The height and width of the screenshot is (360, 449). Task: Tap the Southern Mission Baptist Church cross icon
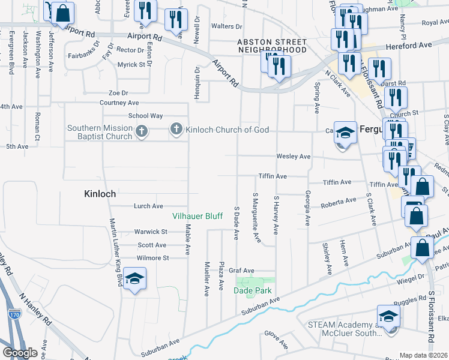click(x=141, y=132)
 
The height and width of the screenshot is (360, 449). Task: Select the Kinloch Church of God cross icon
click(x=176, y=128)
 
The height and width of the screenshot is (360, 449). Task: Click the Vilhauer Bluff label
click(x=197, y=216)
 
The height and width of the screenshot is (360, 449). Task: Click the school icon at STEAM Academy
click(x=388, y=316)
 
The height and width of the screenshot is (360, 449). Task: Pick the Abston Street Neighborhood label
click(x=273, y=46)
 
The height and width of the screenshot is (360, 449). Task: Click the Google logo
click(x=19, y=353)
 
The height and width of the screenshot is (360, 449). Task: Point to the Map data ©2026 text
click(x=423, y=355)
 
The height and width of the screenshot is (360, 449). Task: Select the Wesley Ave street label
click(x=293, y=157)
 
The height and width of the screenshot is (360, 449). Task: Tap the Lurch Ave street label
click(x=149, y=206)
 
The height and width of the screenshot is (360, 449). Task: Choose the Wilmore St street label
click(x=153, y=258)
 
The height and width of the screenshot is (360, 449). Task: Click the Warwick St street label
click(x=150, y=232)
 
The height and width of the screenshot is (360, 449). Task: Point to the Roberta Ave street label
click(x=339, y=203)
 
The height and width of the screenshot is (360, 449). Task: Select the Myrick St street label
click(x=131, y=64)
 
